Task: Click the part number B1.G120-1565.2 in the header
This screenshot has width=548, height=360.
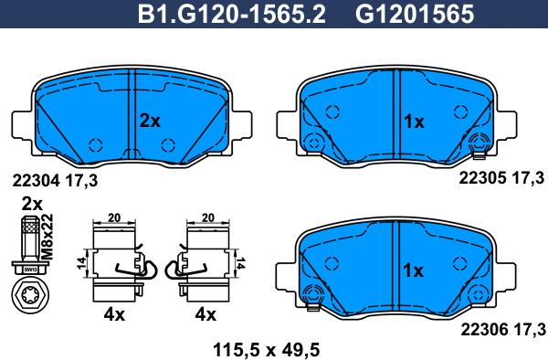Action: click(232, 15)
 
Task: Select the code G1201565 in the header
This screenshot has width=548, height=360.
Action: click(415, 15)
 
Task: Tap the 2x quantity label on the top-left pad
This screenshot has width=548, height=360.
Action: click(150, 121)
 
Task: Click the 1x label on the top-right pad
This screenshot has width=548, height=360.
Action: click(414, 122)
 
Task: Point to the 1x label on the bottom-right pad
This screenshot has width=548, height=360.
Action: click(413, 270)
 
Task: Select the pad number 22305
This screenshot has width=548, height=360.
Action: click(482, 178)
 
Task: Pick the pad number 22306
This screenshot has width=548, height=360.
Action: click(484, 329)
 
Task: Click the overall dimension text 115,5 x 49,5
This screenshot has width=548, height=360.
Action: click(267, 349)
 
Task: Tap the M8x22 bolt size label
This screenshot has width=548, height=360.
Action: click(47, 237)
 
